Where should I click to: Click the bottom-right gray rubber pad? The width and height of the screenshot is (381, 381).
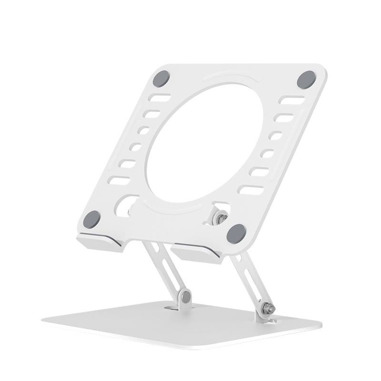[x=236, y=233]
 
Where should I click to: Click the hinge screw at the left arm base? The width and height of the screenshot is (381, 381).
[x=186, y=297]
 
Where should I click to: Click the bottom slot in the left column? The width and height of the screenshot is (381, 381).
[x=119, y=180]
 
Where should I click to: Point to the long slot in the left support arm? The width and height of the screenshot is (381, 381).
[x=164, y=267]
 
